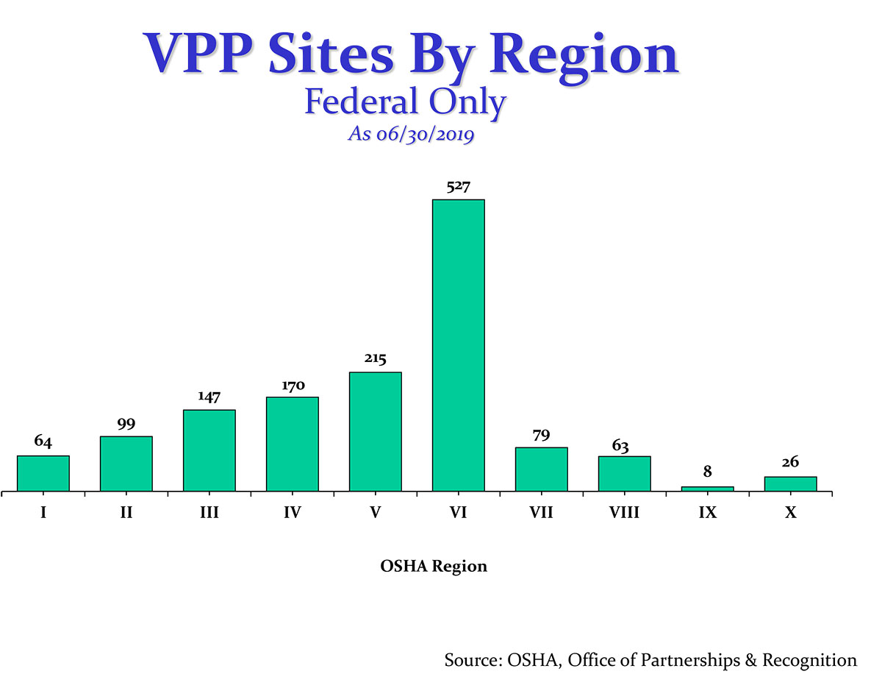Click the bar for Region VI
coord(458,345)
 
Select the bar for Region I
coord(43,473)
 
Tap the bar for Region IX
coord(707,489)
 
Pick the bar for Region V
coord(375,431)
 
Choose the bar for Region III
coord(209,450)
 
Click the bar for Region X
coord(790,483)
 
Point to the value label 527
coord(459,188)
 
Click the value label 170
coord(293,386)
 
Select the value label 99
coord(126,425)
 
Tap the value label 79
coord(541,436)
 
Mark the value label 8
coord(707,472)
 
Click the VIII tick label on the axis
coord(624,513)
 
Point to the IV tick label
coord(293,513)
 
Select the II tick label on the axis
coord(126,513)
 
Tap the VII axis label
coord(541,513)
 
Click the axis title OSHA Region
coord(434,567)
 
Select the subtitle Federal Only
coord(405,102)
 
